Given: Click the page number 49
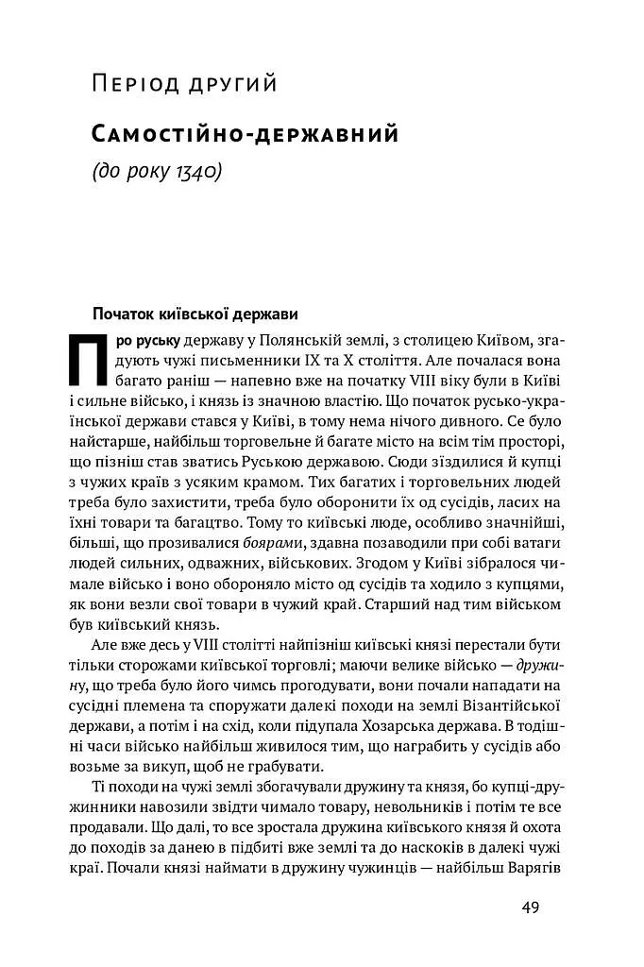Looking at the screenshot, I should pyautogui.click(x=530, y=908).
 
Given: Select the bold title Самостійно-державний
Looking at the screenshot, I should pyautogui.click(x=245, y=134).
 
